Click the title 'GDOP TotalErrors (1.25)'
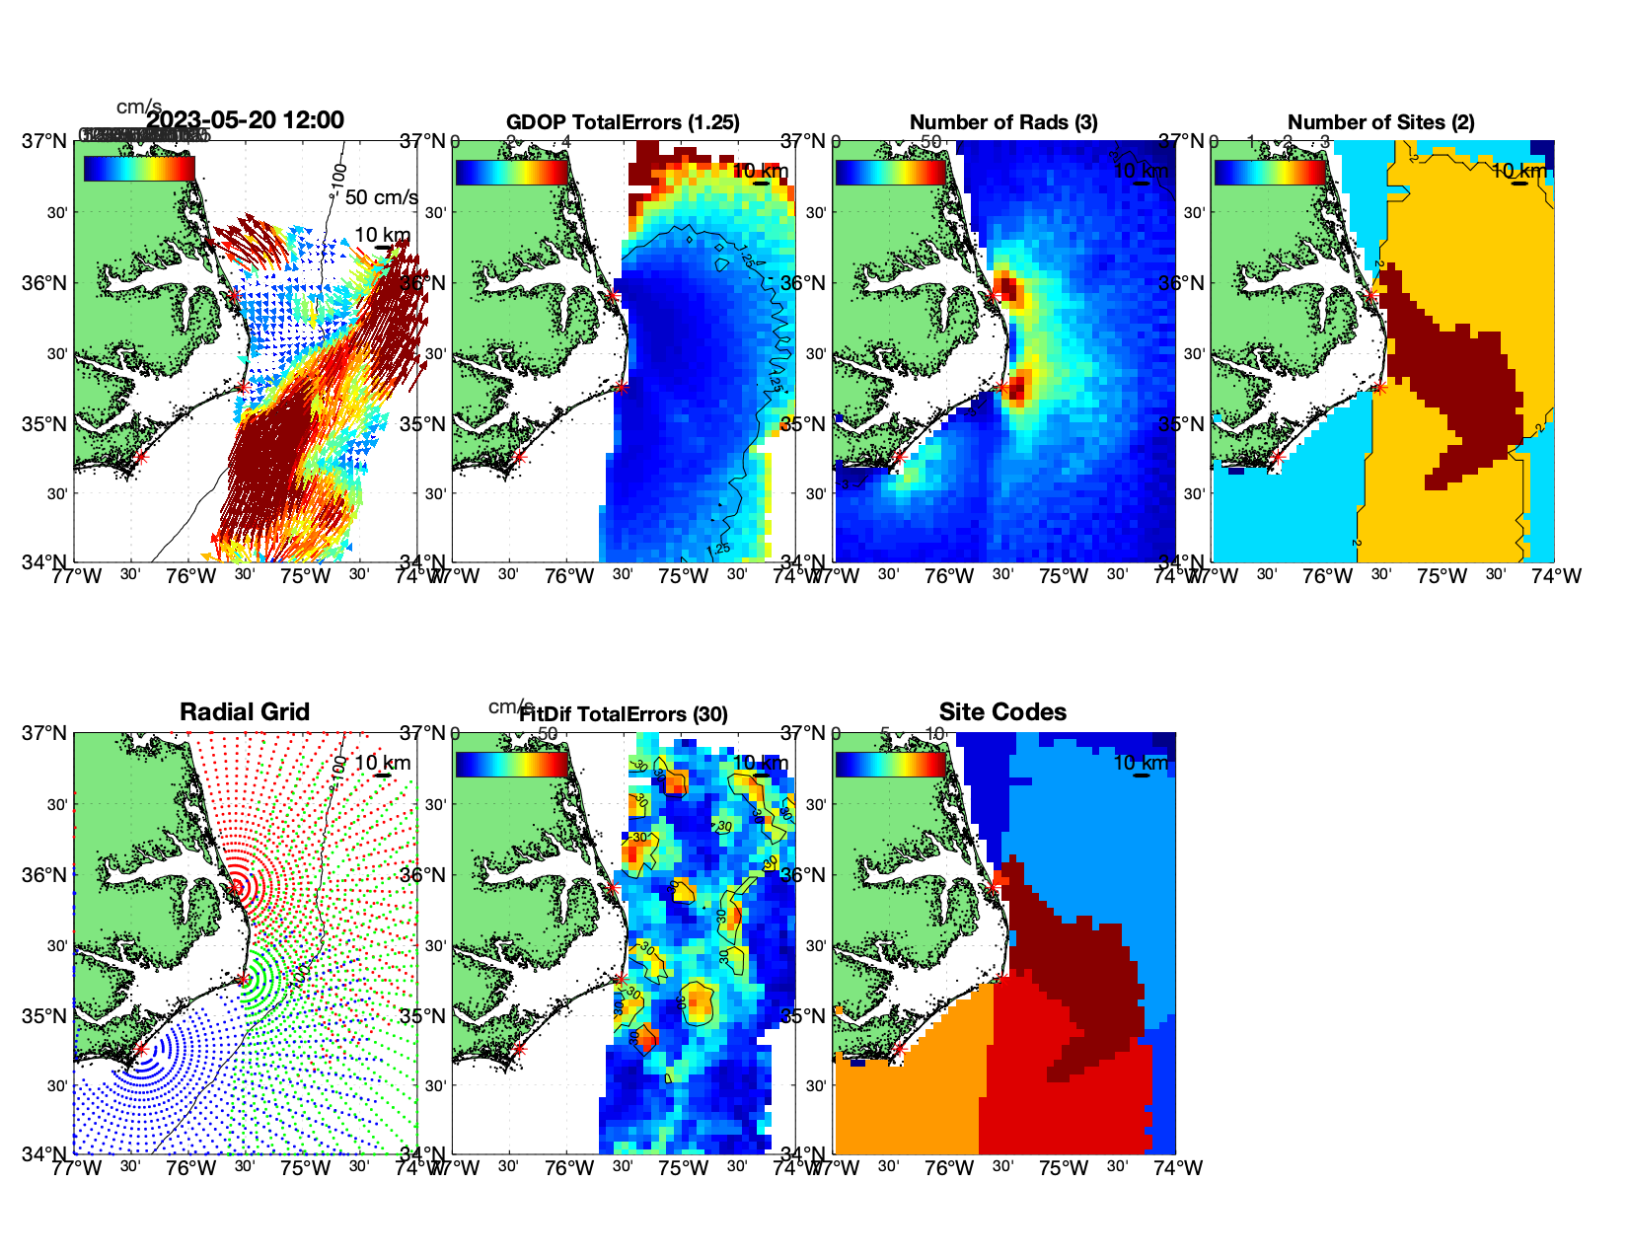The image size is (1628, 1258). [x=623, y=122]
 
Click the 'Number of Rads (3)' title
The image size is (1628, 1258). [x=1003, y=122]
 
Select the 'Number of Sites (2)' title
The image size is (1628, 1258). [x=1381, y=122]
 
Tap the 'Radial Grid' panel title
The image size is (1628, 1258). [x=245, y=712]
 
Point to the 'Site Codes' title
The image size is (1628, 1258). [x=1002, y=712]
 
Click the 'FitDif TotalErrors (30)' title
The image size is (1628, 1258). [x=624, y=714]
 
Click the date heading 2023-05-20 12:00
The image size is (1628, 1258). [x=246, y=120]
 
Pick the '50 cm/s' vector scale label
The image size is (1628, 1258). [x=381, y=197]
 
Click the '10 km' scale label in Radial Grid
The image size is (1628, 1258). [x=382, y=763]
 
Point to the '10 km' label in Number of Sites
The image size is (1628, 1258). [x=1518, y=171]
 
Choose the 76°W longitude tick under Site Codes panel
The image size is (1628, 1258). [x=949, y=1168]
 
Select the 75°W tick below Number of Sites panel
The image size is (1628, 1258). [x=1442, y=576]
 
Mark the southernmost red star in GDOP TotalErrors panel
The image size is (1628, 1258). [x=519, y=457]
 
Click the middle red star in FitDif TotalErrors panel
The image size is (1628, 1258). [x=621, y=980]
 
